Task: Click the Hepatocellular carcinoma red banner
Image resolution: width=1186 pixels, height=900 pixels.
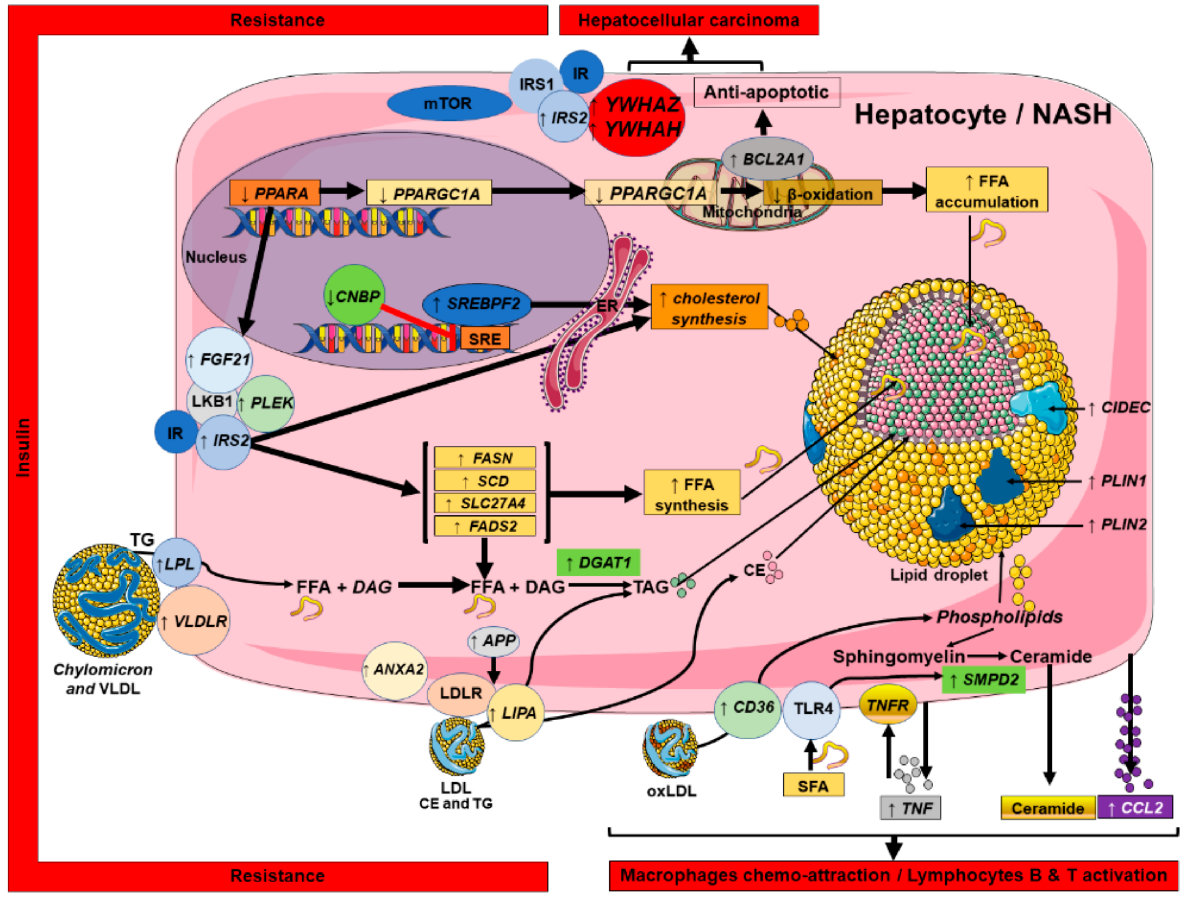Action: [x=688, y=20]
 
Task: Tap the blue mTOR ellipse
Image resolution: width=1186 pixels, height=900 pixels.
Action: [x=448, y=103]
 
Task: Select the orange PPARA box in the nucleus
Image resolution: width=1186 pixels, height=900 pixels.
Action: [x=275, y=193]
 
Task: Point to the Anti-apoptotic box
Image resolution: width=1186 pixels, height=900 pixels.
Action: [x=766, y=92]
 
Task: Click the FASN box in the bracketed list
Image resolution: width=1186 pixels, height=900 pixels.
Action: [x=485, y=458]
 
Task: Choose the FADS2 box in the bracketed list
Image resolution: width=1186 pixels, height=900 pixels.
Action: [x=485, y=526]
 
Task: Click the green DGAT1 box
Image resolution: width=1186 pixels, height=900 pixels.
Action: [x=598, y=563]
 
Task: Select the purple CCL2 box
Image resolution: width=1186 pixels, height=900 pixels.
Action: [x=1134, y=808]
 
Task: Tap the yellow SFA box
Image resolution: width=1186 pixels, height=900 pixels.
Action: [x=813, y=786]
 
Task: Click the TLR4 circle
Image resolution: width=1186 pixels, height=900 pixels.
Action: [x=812, y=709]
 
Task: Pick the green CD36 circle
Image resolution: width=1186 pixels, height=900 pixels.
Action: [x=748, y=708]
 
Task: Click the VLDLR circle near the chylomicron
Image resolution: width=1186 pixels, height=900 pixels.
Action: [x=194, y=621]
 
